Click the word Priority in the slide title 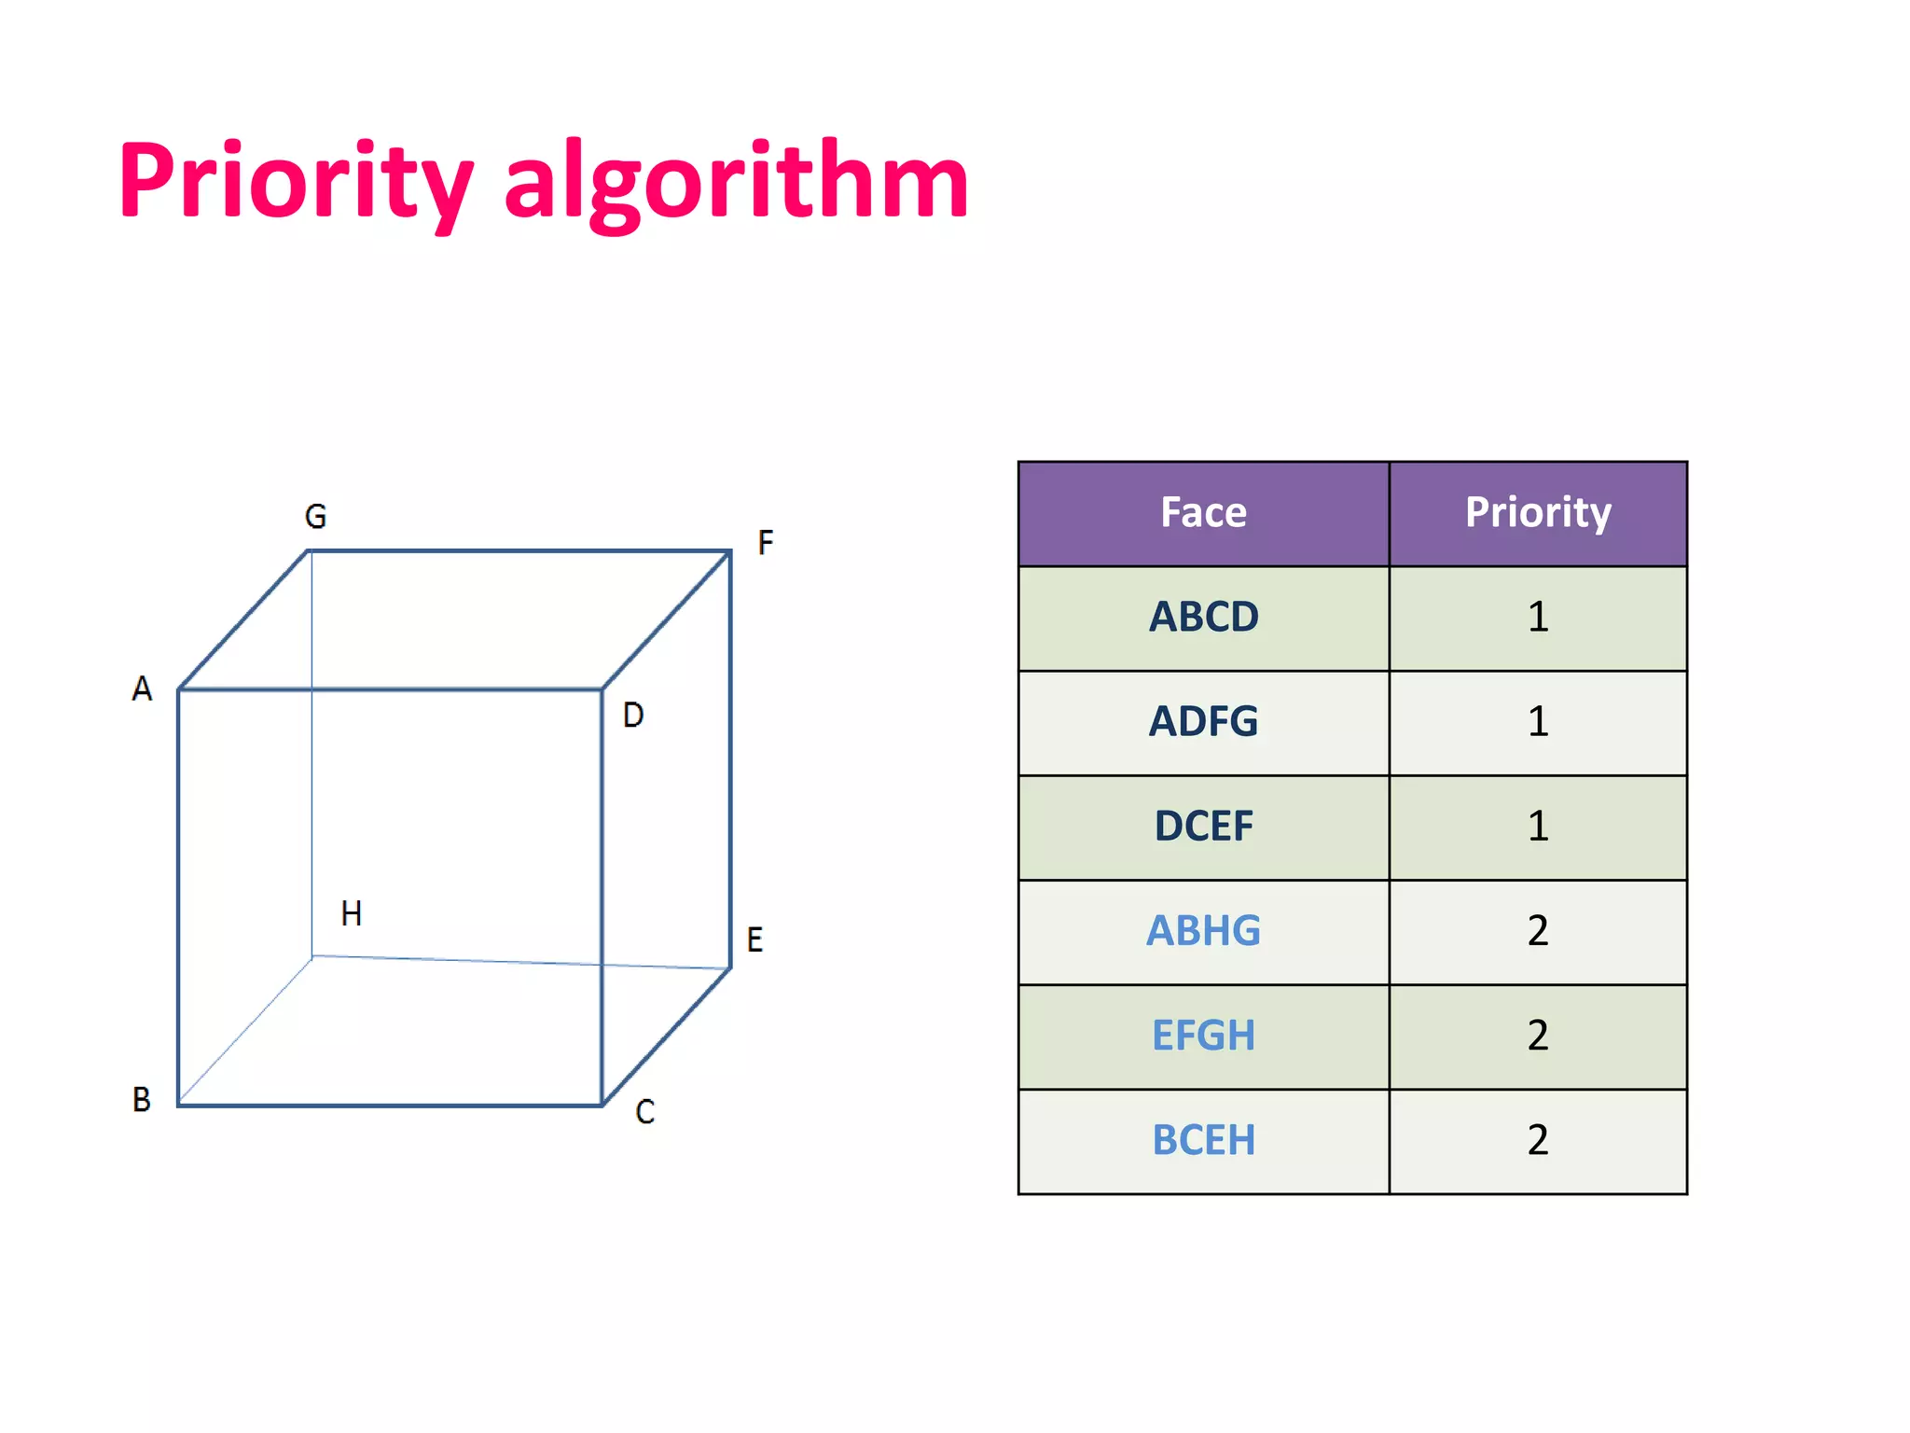click(297, 182)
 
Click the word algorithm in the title click(737, 182)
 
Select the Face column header click(1203, 512)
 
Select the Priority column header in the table click(1538, 512)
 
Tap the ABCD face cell click(1203, 617)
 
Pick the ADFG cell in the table click(1203, 721)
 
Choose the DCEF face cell click(1203, 826)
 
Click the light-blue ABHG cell click(1203, 930)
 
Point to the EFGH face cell click(1203, 1036)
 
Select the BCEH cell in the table click(1203, 1140)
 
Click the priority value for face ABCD click(1538, 617)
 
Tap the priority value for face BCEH click(1538, 1140)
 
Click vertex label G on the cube click(316, 516)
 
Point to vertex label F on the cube click(766, 542)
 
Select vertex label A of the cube click(142, 689)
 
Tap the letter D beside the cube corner click(633, 716)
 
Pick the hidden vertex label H click(352, 913)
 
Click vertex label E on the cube click(755, 939)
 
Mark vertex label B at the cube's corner click(142, 1099)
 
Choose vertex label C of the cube click(645, 1112)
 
